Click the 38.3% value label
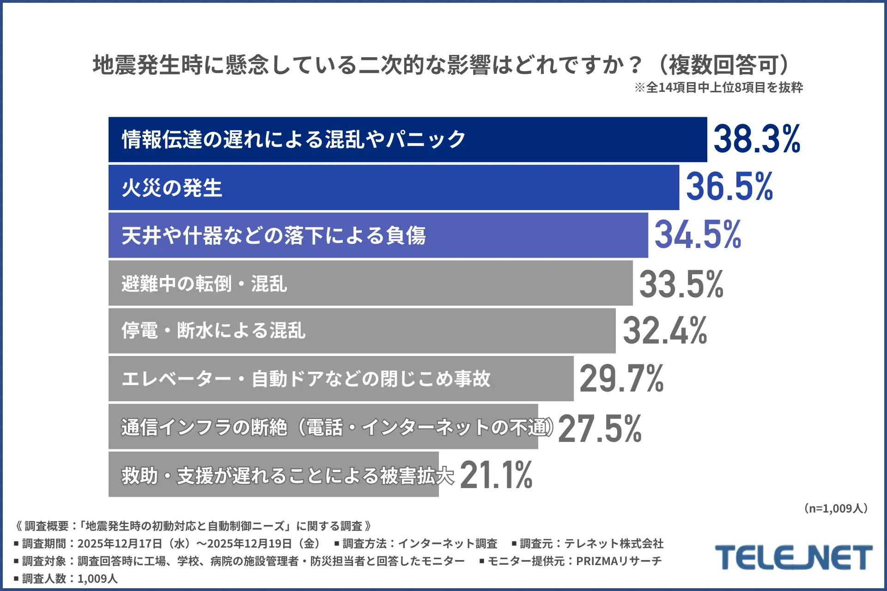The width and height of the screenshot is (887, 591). (x=757, y=139)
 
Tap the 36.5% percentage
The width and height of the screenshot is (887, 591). (x=729, y=187)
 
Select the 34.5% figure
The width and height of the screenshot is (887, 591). (x=698, y=235)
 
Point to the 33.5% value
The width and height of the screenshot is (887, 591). (x=681, y=283)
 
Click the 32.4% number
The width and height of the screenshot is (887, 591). (x=665, y=331)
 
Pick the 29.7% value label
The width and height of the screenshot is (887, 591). (x=621, y=379)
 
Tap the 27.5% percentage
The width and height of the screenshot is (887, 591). (x=600, y=428)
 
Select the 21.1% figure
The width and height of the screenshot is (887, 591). (x=496, y=475)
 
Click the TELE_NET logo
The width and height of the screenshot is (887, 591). (x=793, y=557)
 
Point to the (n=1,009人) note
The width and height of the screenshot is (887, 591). (x=836, y=508)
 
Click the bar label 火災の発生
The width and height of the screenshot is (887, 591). (x=172, y=188)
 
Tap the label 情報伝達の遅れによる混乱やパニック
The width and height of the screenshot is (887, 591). (x=294, y=139)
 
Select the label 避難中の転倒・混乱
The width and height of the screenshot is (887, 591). (x=204, y=283)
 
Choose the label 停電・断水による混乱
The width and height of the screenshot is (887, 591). (x=213, y=331)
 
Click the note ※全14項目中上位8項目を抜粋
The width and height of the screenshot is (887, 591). (x=718, y=87)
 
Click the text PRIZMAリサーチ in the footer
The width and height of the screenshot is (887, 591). (x=619, y=561)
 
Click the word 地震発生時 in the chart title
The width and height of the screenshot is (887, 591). (x=148, y=65)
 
